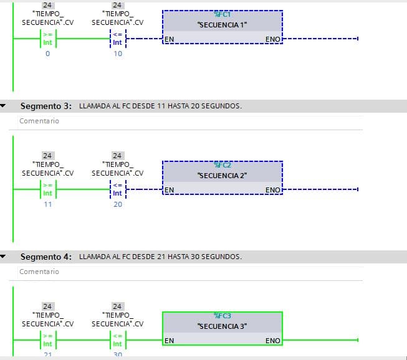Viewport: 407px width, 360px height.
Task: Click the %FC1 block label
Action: click(x=223, y=14)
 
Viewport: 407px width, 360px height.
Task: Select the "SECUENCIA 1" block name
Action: click(x=222, y=25)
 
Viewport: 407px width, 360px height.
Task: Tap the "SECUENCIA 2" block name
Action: click(x=222, y=176)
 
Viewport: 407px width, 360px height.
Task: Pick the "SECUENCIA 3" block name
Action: click(x=222, y=326)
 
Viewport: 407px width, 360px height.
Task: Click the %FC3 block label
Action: click(x=223, y=316)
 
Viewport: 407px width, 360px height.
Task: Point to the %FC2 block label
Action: click(x=223, y=165)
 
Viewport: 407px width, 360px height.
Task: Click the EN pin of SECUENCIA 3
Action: click(x=169, y=341)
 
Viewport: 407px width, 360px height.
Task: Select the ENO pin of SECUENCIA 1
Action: click(x=273, y=39)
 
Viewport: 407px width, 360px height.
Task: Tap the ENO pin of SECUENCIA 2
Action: click(x=273, y=190)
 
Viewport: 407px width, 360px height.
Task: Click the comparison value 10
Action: click(x=118, y=54)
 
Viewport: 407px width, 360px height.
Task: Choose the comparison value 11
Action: click(x=48, y=204)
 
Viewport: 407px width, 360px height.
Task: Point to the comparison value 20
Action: click(x=118, y=204)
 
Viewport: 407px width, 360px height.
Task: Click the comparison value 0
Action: click(x=48, y=54)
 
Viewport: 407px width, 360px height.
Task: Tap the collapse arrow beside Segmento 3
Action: click(x=4, y=106)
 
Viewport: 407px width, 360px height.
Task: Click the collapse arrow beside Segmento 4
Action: click(x=4, y=257)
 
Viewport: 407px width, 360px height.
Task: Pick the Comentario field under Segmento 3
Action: click(x=39, y=121)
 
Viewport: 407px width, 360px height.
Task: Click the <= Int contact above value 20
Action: click(x=118, y=189)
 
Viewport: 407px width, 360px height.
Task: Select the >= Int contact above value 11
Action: click(x=48, y=189)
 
